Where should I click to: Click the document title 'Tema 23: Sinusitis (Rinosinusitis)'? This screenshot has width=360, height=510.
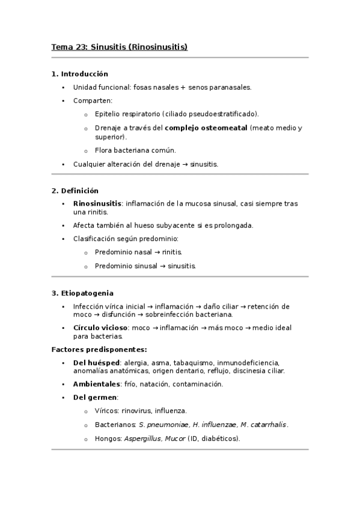(120, 47)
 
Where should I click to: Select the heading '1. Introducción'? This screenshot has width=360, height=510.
(80, 74)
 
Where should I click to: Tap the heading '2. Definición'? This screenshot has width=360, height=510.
(75, 191)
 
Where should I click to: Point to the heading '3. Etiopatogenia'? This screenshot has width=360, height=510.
(82, 293)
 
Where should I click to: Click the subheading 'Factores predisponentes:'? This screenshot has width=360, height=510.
(99, 349)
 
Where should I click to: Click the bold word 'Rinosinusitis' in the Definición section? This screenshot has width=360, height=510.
(97, 203)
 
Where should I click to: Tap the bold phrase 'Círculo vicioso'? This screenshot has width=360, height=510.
(100, 328)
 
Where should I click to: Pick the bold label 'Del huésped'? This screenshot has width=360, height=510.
(96, 363)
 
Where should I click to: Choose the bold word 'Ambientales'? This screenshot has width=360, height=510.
(96, 384)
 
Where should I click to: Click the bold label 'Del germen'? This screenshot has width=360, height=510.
(95, 398)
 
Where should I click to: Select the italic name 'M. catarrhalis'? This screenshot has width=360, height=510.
(263, 425)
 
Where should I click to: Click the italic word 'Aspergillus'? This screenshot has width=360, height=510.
(143, 438)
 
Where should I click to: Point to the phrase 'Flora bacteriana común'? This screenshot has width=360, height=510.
(135, 150)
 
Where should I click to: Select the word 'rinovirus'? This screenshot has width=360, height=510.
(138, 411)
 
